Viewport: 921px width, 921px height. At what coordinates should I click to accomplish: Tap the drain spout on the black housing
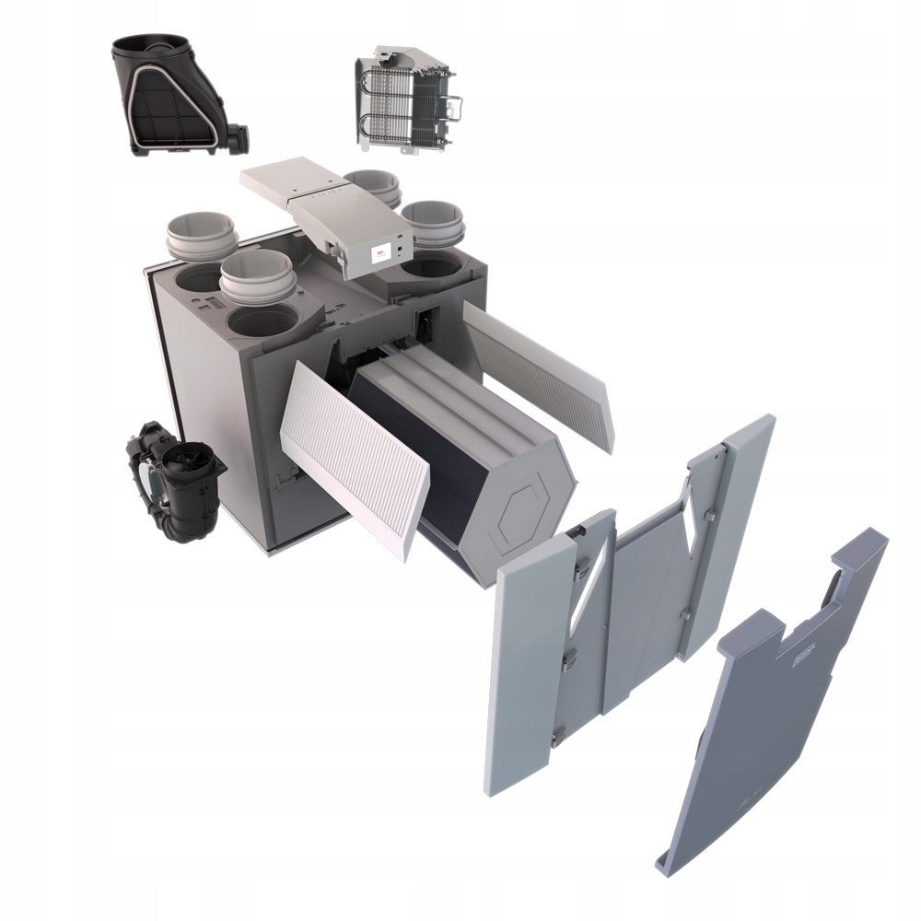tap(239, 137)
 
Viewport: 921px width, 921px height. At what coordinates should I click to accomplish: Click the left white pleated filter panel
tap(355, 456)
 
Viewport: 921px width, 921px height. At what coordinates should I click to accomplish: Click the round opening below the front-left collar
tap(262, 321)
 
